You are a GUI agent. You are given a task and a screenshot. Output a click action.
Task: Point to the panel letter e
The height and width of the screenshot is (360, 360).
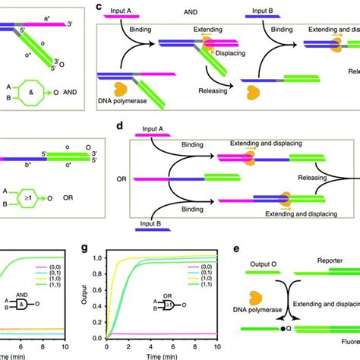pos(238,247)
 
